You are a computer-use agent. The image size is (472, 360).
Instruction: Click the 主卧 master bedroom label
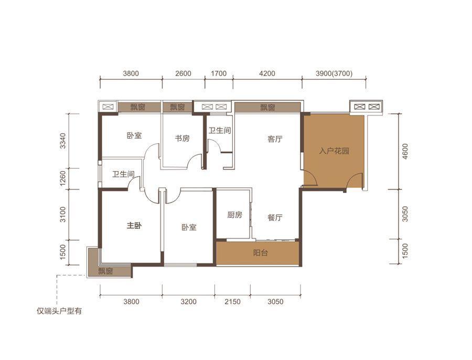coord(134,225)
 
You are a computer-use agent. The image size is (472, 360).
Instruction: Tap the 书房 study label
coord(183,138)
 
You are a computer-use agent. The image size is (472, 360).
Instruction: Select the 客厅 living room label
coord(275,139)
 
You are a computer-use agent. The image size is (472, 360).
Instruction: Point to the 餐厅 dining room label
coord(275,217)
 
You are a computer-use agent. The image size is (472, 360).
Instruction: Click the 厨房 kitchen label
coord(234,215)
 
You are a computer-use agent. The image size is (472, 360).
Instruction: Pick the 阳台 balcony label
coord(260,252)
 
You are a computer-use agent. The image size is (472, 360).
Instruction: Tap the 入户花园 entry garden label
coord(334,151)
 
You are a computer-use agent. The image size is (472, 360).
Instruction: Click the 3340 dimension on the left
coord(62,141)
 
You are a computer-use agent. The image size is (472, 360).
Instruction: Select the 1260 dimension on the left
coord(62,178)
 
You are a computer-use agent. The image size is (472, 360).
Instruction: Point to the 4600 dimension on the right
coord(405,151)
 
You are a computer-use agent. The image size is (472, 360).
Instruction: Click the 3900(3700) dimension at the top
coord(334,73)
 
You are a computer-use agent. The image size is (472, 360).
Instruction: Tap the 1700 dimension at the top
coord(219,73)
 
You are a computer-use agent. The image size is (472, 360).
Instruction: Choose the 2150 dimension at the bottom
coord(233,301)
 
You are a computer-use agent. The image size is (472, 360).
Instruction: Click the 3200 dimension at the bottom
coord(188,301)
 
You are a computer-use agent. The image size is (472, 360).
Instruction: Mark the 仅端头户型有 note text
coord(59,311)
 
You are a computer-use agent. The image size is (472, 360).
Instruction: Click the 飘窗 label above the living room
coord(267,107)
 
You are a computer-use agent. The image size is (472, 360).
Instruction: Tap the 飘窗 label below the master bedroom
coord(105,271)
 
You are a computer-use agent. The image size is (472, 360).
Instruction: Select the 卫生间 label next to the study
coord(220,131)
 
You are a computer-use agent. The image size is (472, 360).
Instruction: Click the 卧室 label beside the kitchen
coord(189,227)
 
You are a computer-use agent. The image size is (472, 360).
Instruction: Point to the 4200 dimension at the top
coord(267,73)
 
